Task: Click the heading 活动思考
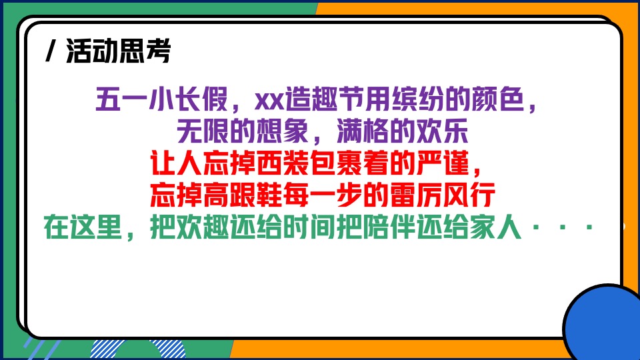point(118,51)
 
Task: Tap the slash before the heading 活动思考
point(51,51)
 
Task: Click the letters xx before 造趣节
point(271,102)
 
